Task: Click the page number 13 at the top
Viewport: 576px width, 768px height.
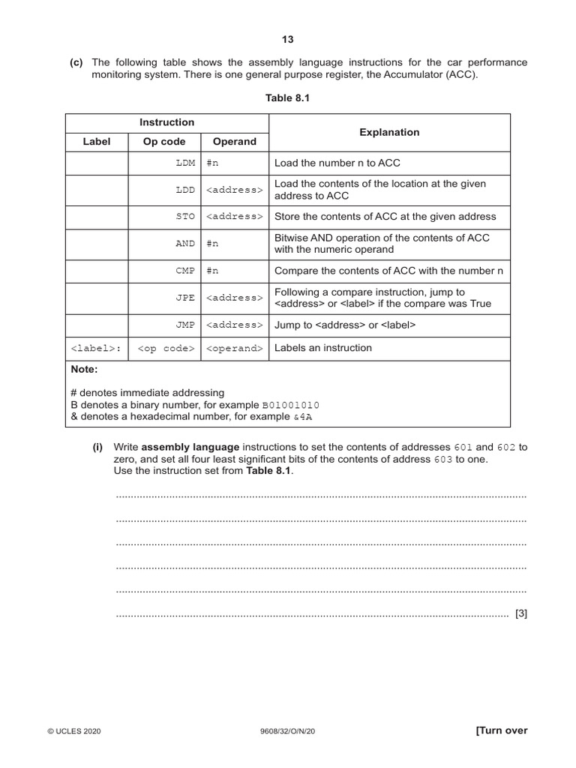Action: click(288, 40)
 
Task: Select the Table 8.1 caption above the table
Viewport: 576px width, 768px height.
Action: click(288, 98)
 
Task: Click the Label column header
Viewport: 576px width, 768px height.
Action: click(96, 142)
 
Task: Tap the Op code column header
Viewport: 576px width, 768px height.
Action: click(164, 142)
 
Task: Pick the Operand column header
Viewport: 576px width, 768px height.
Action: click(234, 142)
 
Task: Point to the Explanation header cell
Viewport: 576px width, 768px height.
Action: click(389, 133)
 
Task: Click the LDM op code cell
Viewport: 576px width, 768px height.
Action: click(184, 163)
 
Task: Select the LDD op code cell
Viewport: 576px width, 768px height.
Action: click(184, 190)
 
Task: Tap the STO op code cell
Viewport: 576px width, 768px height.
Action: click(184, 217)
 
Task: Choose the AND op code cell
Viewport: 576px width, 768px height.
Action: click(184, 244)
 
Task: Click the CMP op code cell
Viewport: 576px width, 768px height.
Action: click(184, 271)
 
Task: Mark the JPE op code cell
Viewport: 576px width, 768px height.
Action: click(184, 298)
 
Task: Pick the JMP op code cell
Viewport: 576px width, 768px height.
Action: click(184, 325)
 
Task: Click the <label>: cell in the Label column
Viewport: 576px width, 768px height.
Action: click(97, 349)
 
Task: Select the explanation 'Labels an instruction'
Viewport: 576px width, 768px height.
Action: click(323, 348)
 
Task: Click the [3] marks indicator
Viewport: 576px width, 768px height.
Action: click(520, 613)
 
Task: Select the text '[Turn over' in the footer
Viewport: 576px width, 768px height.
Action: click(502, 730)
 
